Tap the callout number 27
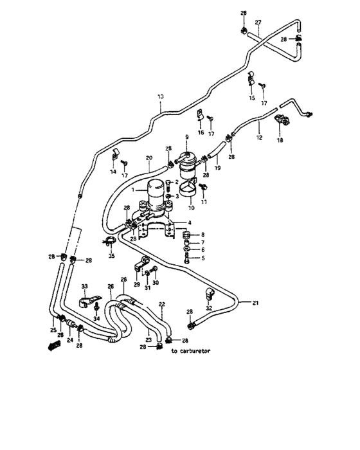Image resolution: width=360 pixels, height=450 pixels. (x=258, y=22)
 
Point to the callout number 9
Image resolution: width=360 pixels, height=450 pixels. (x=187, y=136)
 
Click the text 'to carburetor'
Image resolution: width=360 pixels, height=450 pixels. (x=191, y=352)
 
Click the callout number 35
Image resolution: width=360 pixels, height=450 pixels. (x=112, y=255)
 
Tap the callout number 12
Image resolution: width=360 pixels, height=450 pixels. (x=259, y=138)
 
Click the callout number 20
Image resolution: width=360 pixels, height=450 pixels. (x=148, y=158)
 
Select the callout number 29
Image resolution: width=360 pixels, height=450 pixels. (x=136, y=283)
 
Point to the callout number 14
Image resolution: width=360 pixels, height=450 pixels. (x=113, y=172)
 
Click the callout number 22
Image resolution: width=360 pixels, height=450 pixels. (x=162, y=304)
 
